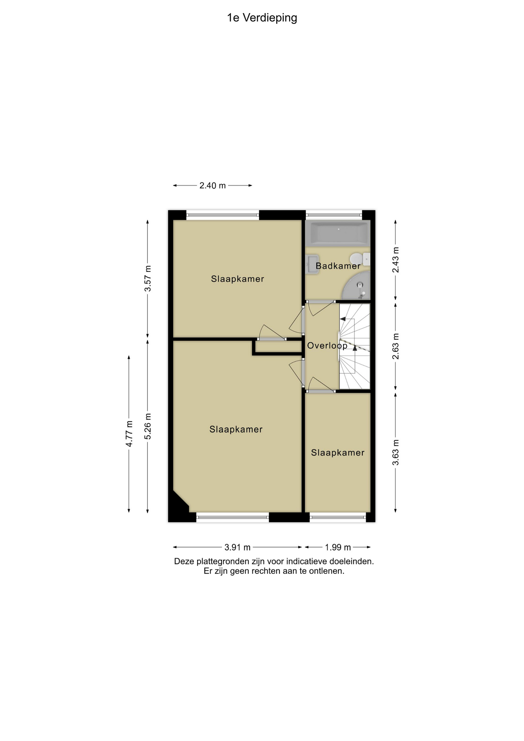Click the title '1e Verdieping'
262,18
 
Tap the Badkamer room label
338,266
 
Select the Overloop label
327,346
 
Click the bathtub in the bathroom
338,233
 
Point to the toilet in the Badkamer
360,259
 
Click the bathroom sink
312,264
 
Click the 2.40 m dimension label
212,186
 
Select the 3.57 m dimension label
148,279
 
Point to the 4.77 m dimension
129,434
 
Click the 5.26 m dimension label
148,426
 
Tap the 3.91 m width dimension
237,547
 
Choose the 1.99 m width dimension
338,547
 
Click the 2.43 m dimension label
396,260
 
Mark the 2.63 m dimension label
396,346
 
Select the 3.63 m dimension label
396,452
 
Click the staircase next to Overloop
355,346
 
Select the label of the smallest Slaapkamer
338,453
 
